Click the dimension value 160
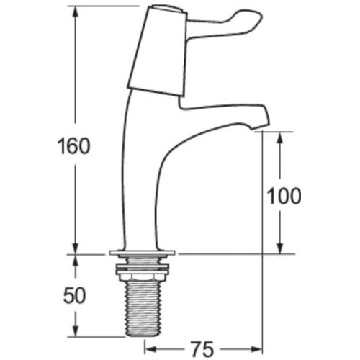pos(74,146)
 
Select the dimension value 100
pos(284,195)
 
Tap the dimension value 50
pos(74,295)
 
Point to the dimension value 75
pos(202,348)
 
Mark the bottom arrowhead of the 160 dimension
pos(74,249)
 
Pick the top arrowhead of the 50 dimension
pos(74,258)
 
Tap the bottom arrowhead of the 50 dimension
pos(74,333)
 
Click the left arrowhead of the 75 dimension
pos(150,348)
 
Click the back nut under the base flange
pos(143,271)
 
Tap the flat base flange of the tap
pos(143,253)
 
